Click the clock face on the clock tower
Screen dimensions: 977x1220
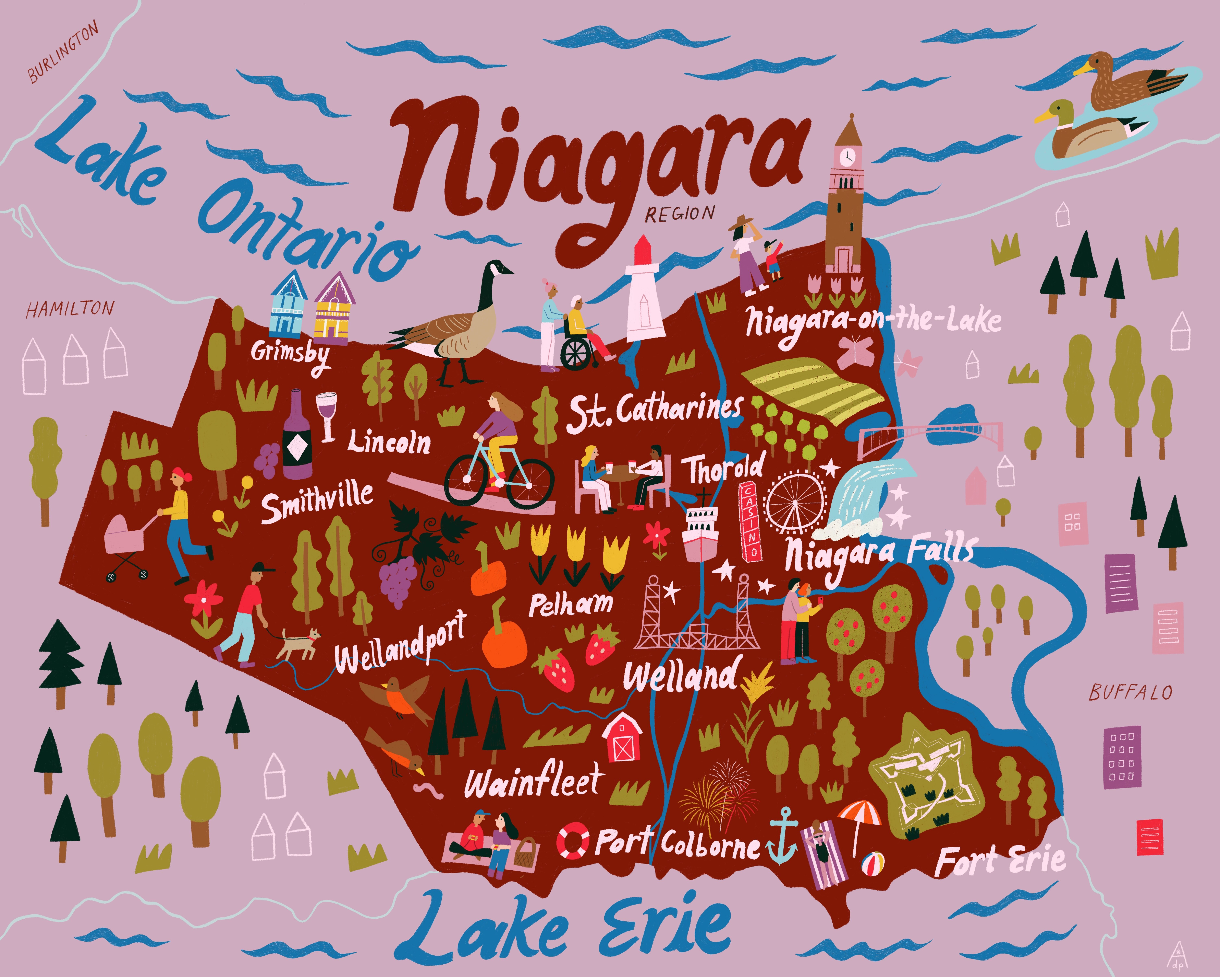pyautogui.click(x=847, y=157)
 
